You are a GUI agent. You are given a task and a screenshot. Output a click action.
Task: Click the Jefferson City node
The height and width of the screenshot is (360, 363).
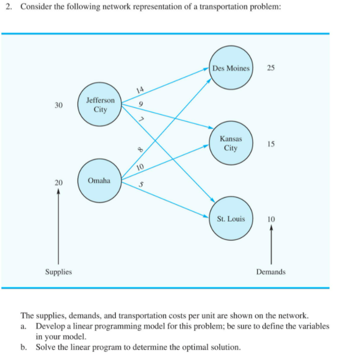click(x=100, y=105)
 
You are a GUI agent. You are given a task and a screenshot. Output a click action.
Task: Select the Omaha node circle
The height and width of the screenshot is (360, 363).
click(x=99, y=181)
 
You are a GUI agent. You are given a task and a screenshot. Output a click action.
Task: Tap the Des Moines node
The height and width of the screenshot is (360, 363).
click(x=231, y=69)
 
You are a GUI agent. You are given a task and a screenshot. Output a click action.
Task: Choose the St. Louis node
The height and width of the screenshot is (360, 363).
click(x=231, y=219)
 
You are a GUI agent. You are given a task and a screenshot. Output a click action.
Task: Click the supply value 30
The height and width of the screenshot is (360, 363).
click(x=58, y=105)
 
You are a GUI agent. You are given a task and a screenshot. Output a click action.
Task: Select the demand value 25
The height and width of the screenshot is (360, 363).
click(x=271, y=68)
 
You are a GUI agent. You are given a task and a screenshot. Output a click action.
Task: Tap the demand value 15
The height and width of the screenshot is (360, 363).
click(x=271, y=144)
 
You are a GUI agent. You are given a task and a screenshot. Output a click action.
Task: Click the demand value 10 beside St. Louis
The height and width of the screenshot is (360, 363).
click(x=271, y=219)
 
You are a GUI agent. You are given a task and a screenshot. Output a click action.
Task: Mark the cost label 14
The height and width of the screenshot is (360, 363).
click(x=140, y=90)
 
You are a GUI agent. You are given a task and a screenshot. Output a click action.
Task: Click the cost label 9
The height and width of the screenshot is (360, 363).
click(x=141, y=104)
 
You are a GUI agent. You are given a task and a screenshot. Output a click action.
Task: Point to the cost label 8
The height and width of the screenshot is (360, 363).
click(x=140, y=151)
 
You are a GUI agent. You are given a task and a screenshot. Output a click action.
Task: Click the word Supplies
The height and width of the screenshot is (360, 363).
click(x=58, y=272)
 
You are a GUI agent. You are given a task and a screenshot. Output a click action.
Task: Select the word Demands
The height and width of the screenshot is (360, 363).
click(x=271, y=272)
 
